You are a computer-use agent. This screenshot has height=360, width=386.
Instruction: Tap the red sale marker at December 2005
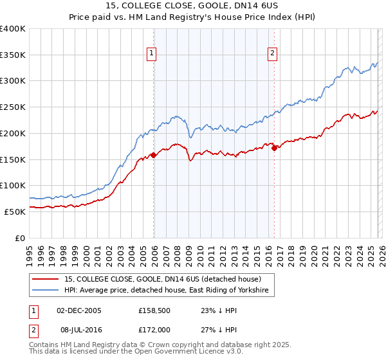pyautogui.click(x=153, y=155)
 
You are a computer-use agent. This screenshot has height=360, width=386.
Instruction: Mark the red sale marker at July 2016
pyautogui.click(x=274, y=148)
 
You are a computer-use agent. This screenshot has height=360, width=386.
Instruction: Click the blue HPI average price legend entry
pyautogui.click(x=169, y=291)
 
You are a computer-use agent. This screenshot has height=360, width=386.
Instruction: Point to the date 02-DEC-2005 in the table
pyautogui.click(x=78, y=310)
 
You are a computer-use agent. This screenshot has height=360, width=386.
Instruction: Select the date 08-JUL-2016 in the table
pyautogui.click(x=78, y=330)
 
